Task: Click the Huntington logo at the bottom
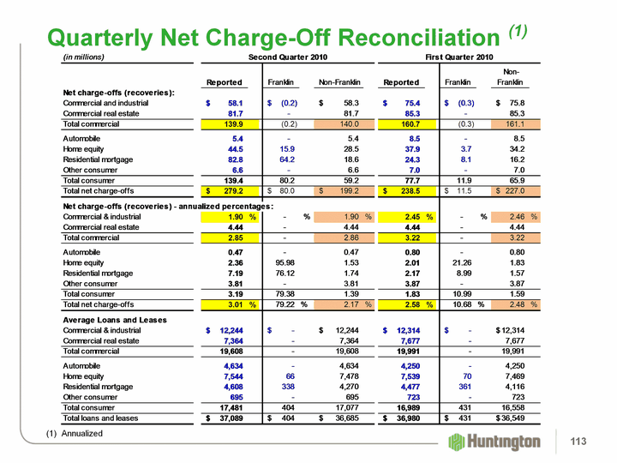(494, 441)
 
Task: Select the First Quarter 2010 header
(459, 57)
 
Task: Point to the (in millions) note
(84, 57)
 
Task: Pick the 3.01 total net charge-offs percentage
(231, 304)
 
